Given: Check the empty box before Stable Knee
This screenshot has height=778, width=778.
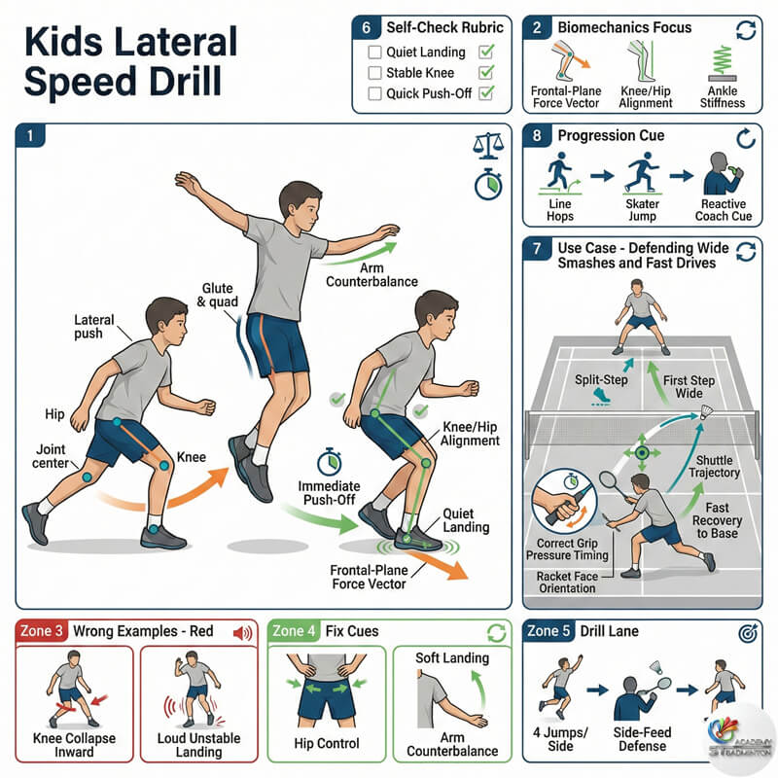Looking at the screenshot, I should coord(374,73).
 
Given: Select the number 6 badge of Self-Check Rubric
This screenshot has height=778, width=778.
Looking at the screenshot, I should coord(367,28).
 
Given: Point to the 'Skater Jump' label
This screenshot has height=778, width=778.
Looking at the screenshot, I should coord(642,210).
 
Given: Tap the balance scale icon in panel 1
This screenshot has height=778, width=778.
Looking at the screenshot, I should coord(485,147).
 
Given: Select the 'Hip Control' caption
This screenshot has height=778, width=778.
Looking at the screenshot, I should coord(326,744).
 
